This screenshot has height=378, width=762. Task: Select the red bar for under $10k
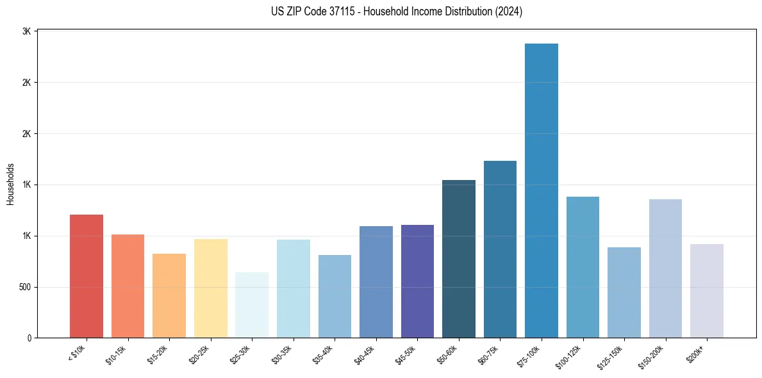[x=87, y=276]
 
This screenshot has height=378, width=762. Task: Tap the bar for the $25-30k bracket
[x=252, y=305]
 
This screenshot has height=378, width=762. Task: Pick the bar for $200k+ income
[x=707, y=291]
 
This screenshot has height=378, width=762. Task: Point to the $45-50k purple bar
[x=417, y=281]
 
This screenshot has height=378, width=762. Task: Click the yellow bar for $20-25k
[x=211, y=288]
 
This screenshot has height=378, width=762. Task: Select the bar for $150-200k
[x=665, y=268]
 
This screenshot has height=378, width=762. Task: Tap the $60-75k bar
[x=500, y=249]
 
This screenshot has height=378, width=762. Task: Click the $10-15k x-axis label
[x=116, y=354]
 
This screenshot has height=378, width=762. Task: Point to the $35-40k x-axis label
[x=323, y=354]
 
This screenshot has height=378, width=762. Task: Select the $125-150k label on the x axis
[x=611, y=356]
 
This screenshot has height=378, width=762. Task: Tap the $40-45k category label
[x=364, y=354]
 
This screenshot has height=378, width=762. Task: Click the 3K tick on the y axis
[x=27, y=31]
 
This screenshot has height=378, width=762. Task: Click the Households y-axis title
[x=10, y=185]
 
